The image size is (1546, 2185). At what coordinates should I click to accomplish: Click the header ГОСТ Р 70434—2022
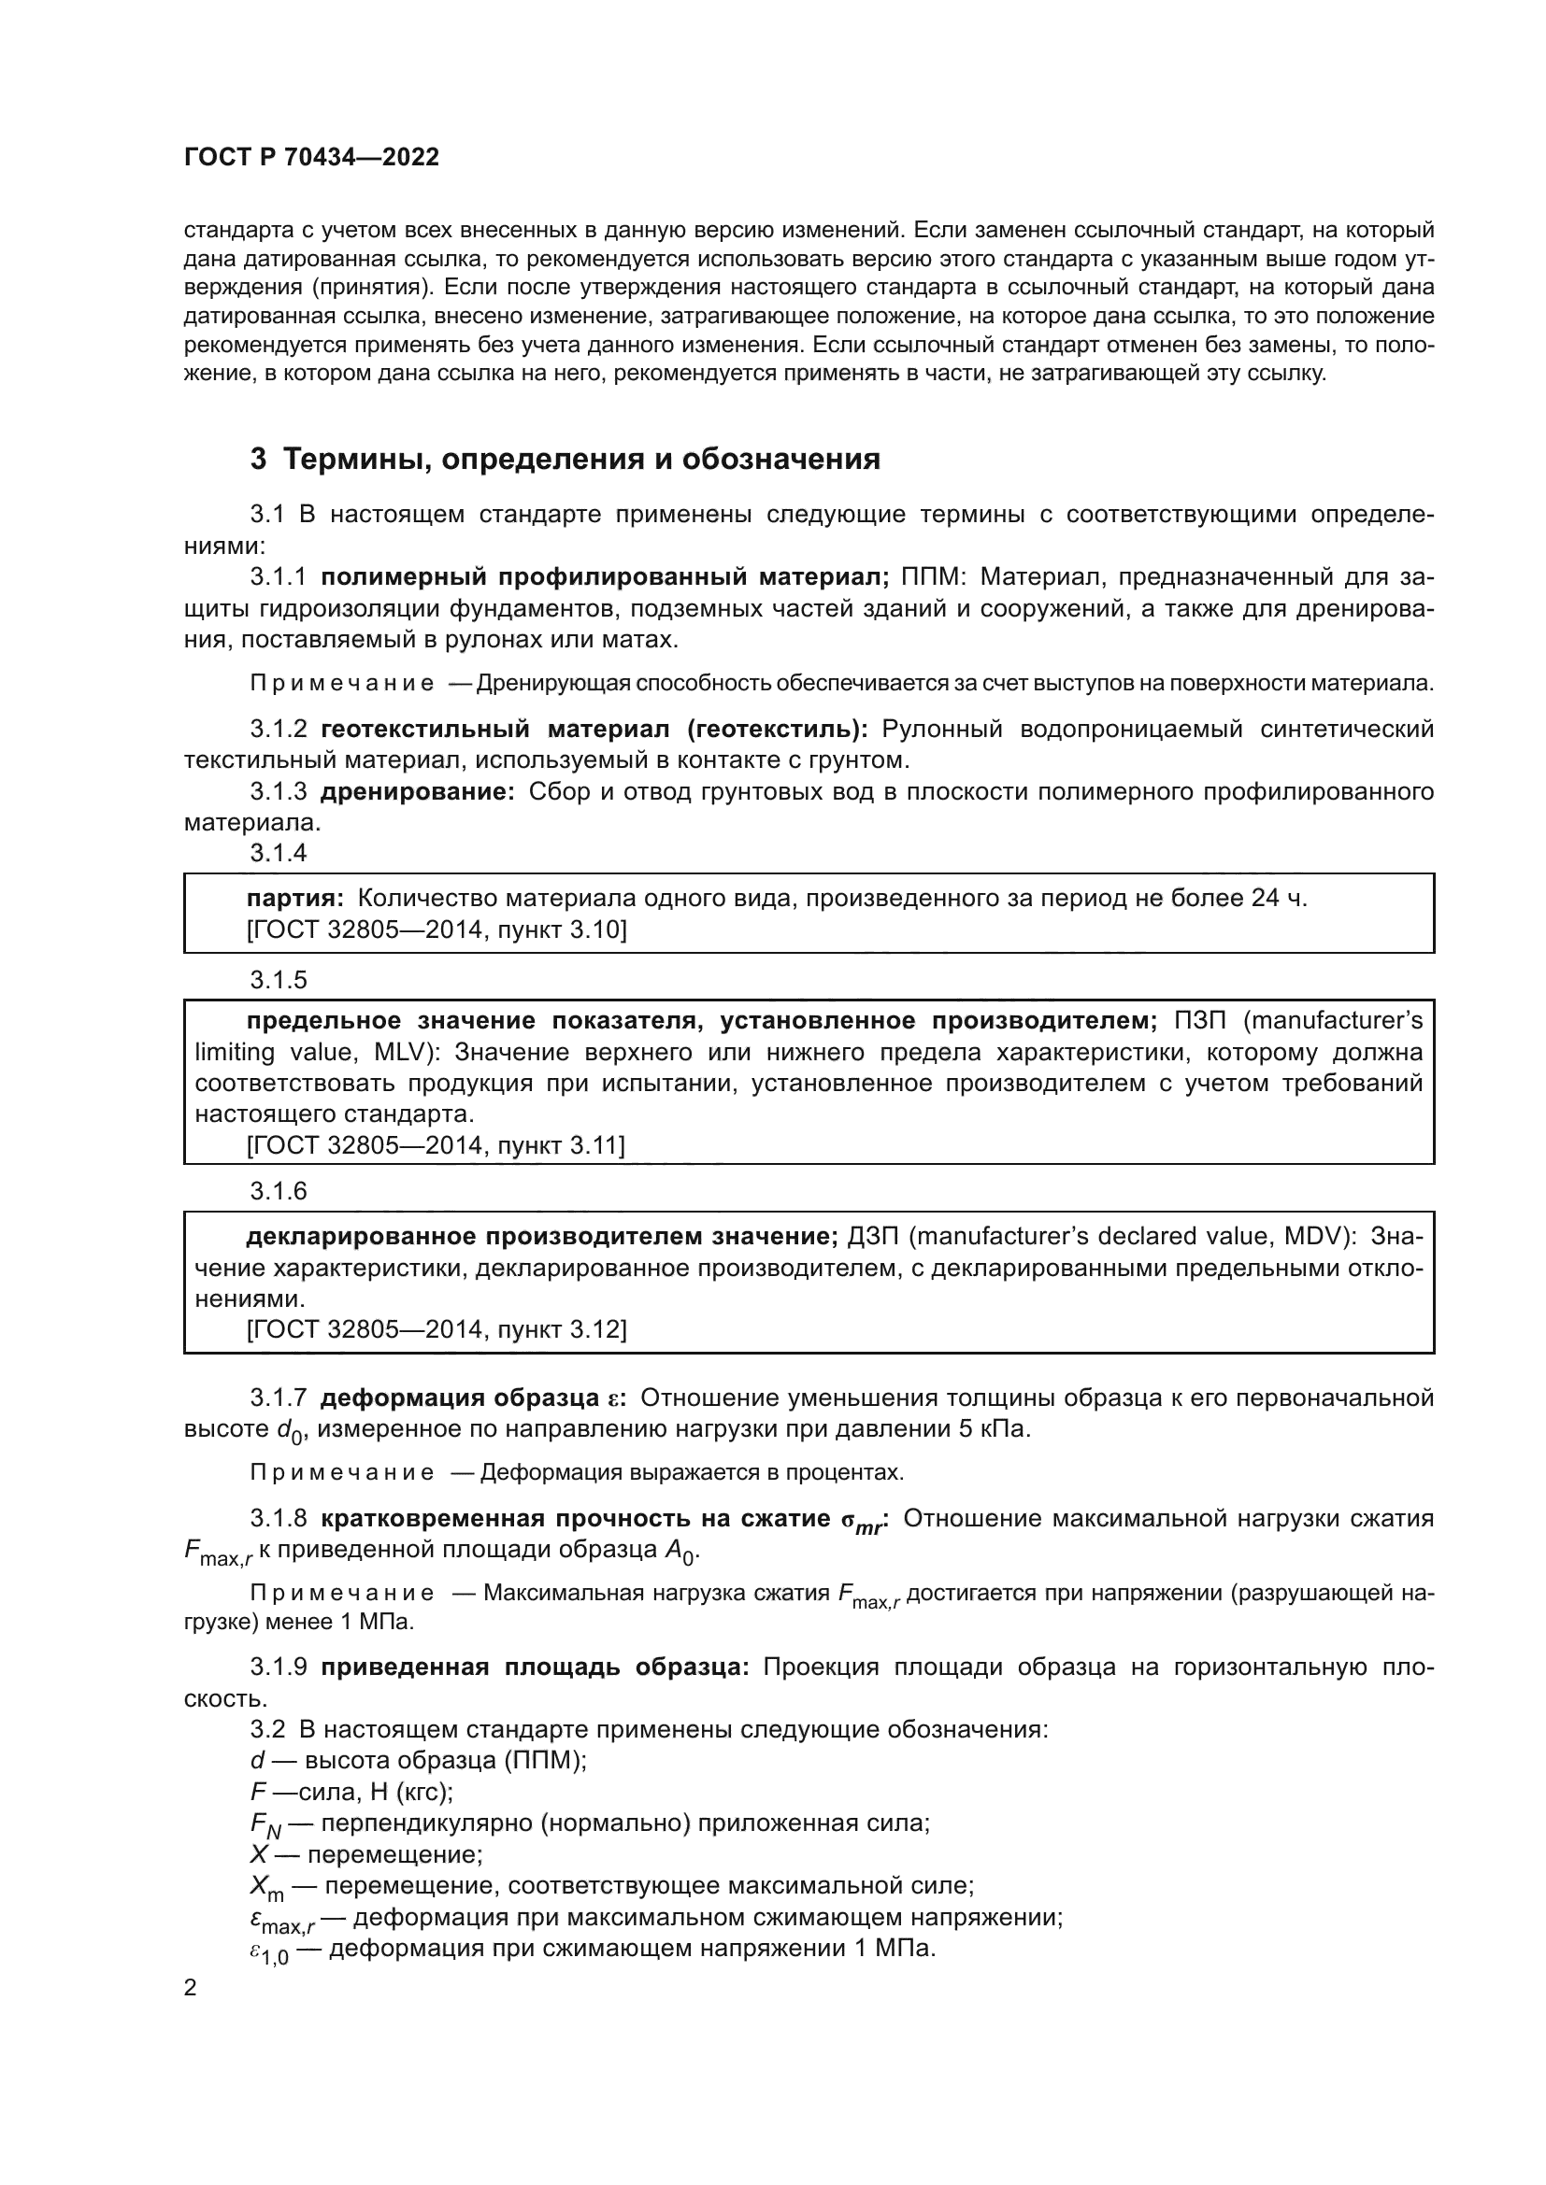point(311,157)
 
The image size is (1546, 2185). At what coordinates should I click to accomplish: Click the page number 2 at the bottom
point(191,1988)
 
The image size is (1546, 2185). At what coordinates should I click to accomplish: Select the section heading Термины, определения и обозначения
point(581,459)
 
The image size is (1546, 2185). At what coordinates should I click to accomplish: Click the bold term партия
point(294,898)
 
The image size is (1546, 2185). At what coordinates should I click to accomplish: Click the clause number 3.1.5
point(278,980)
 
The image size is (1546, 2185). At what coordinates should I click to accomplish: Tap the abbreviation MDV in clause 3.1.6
point(1317,1236)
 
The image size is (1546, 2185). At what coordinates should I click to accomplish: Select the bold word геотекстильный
point(424,729)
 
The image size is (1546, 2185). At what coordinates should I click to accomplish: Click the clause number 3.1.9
point(278,1667)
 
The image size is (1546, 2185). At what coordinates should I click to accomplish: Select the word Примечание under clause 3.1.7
point(342,1472)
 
